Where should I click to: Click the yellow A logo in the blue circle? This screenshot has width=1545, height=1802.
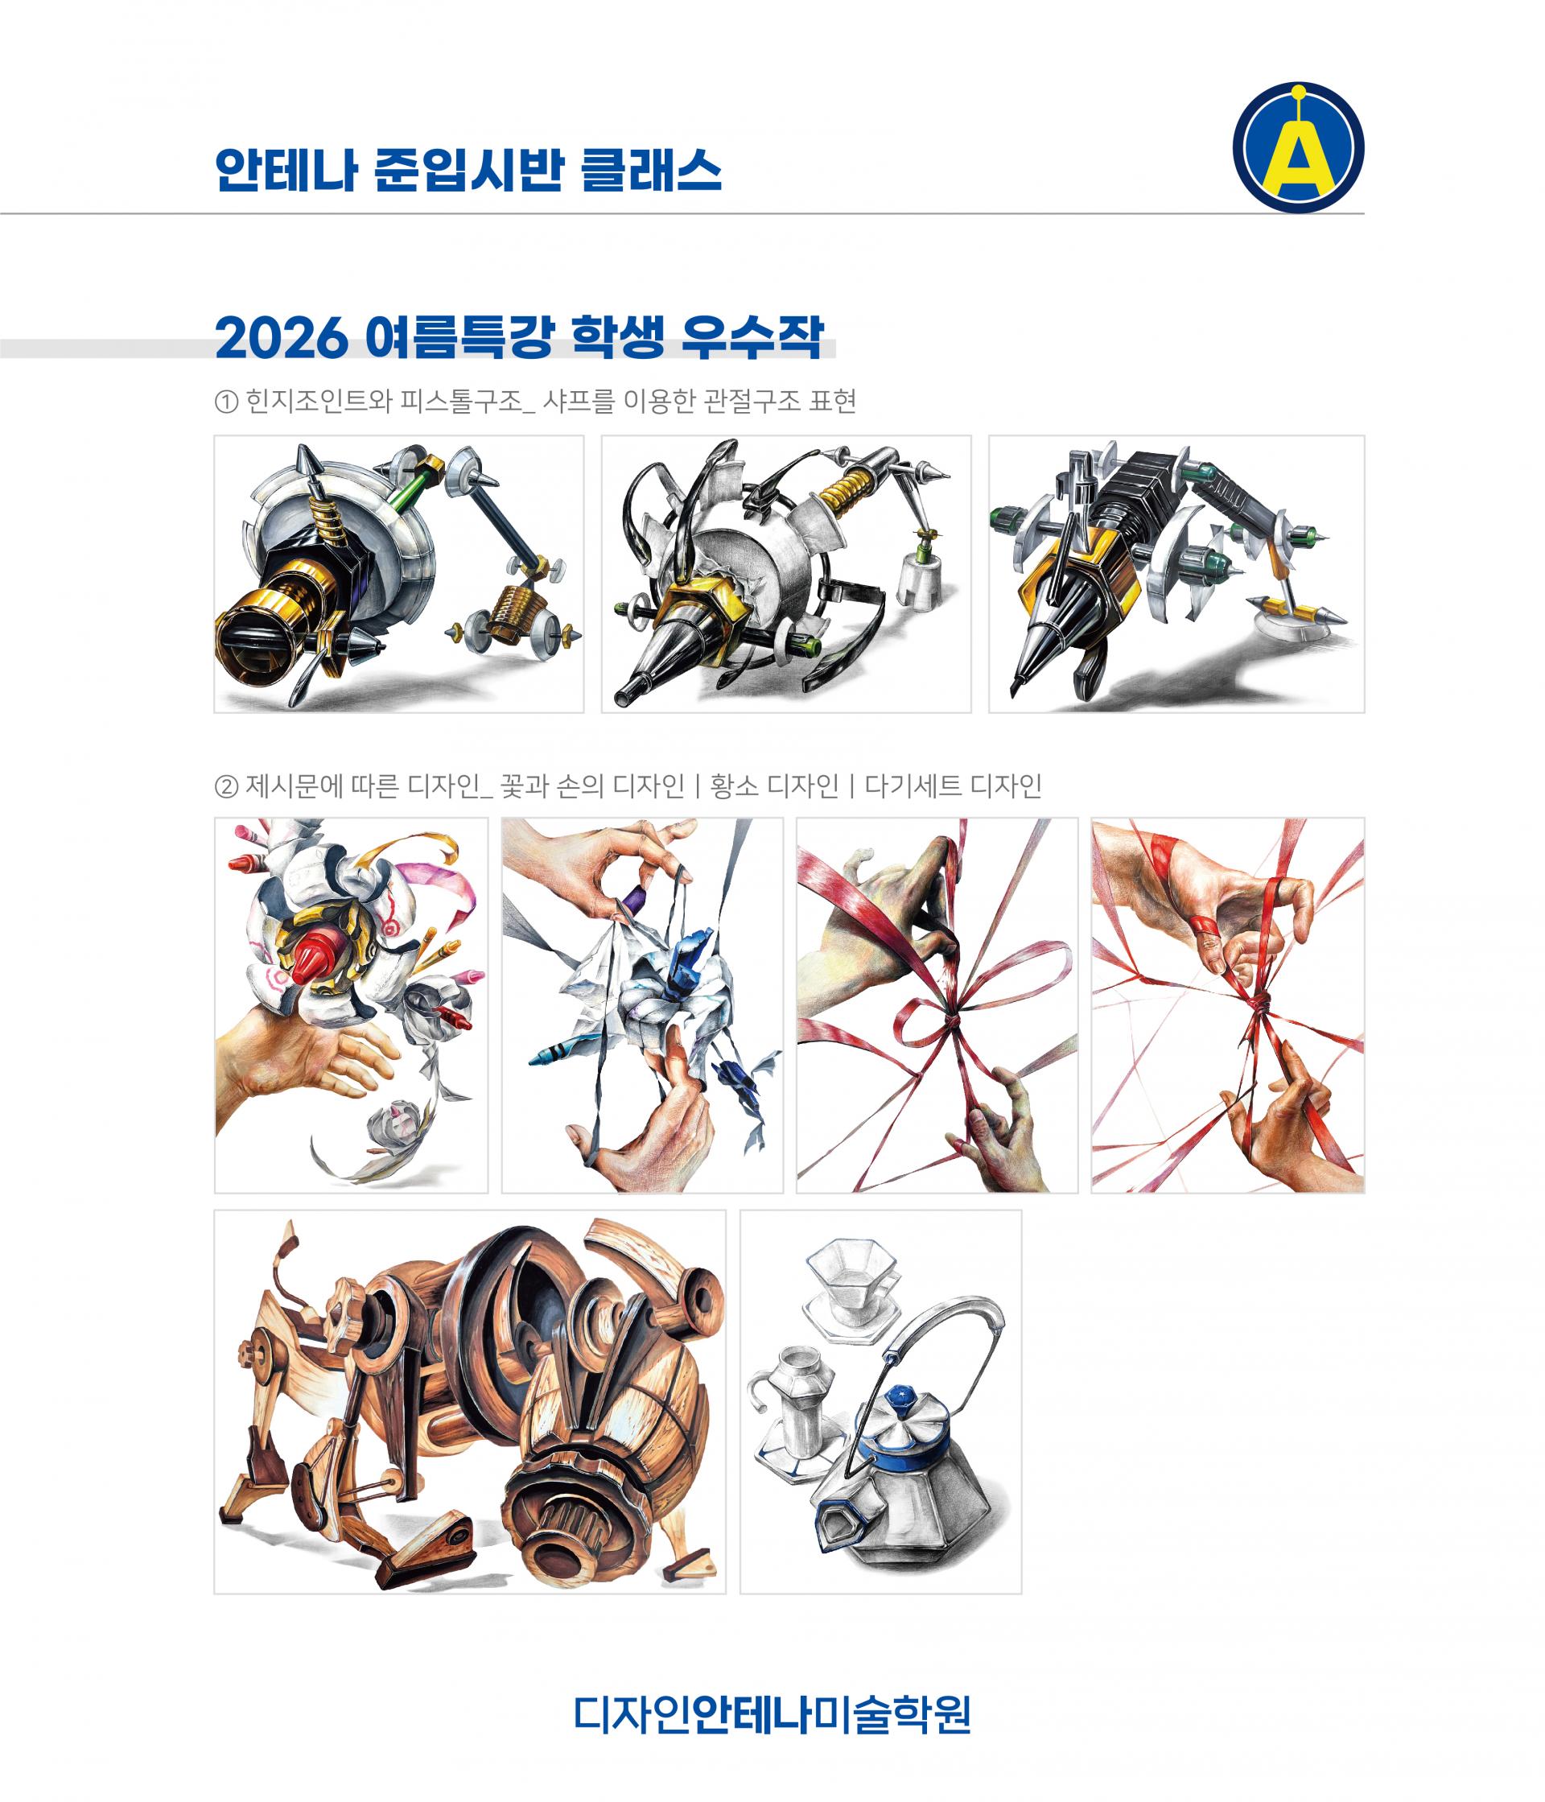[x=1298, y=147]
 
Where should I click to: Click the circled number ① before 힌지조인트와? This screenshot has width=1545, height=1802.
[x=225, y=402]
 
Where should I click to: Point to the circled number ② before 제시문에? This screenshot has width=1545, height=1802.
[x=225, y=787]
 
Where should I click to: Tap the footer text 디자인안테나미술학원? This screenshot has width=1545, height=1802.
[x=772, y=1713]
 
